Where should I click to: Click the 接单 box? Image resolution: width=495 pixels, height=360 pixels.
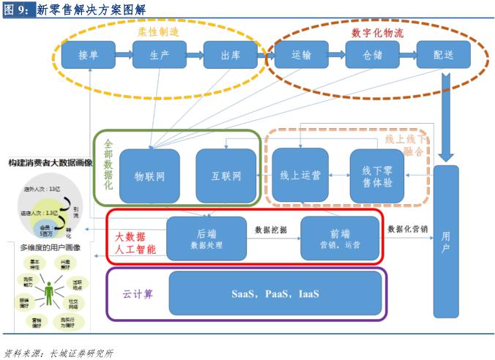88,55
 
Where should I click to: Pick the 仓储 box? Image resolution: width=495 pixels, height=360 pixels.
372,55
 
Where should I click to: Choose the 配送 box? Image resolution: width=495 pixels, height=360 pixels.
443,55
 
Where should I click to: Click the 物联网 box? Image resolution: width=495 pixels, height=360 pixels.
149,176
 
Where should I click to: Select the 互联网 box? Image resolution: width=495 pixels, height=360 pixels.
226,176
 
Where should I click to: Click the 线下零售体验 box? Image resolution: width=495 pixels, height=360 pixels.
377,176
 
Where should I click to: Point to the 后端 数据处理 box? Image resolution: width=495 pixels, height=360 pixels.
206,238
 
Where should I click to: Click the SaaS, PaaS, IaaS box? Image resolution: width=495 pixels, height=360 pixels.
275,293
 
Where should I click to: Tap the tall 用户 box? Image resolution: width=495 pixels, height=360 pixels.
446,241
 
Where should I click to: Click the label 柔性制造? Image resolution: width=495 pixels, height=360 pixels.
158,32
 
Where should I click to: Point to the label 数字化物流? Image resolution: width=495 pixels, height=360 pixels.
377,32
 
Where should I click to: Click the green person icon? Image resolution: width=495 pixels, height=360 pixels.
50,293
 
